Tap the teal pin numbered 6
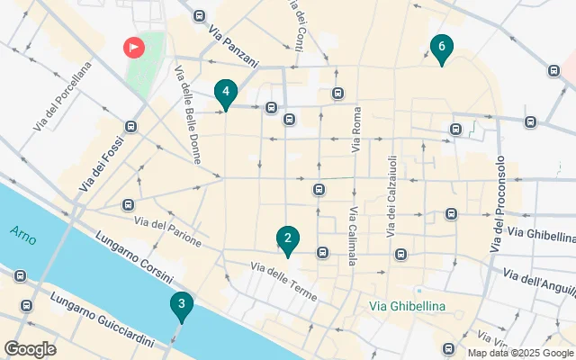[x=441, y=48]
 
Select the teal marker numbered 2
[x=287, y=240]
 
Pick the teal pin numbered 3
[x=182, y=306]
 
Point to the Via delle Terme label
[x=283, y=279]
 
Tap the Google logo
[x=31, y=348]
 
